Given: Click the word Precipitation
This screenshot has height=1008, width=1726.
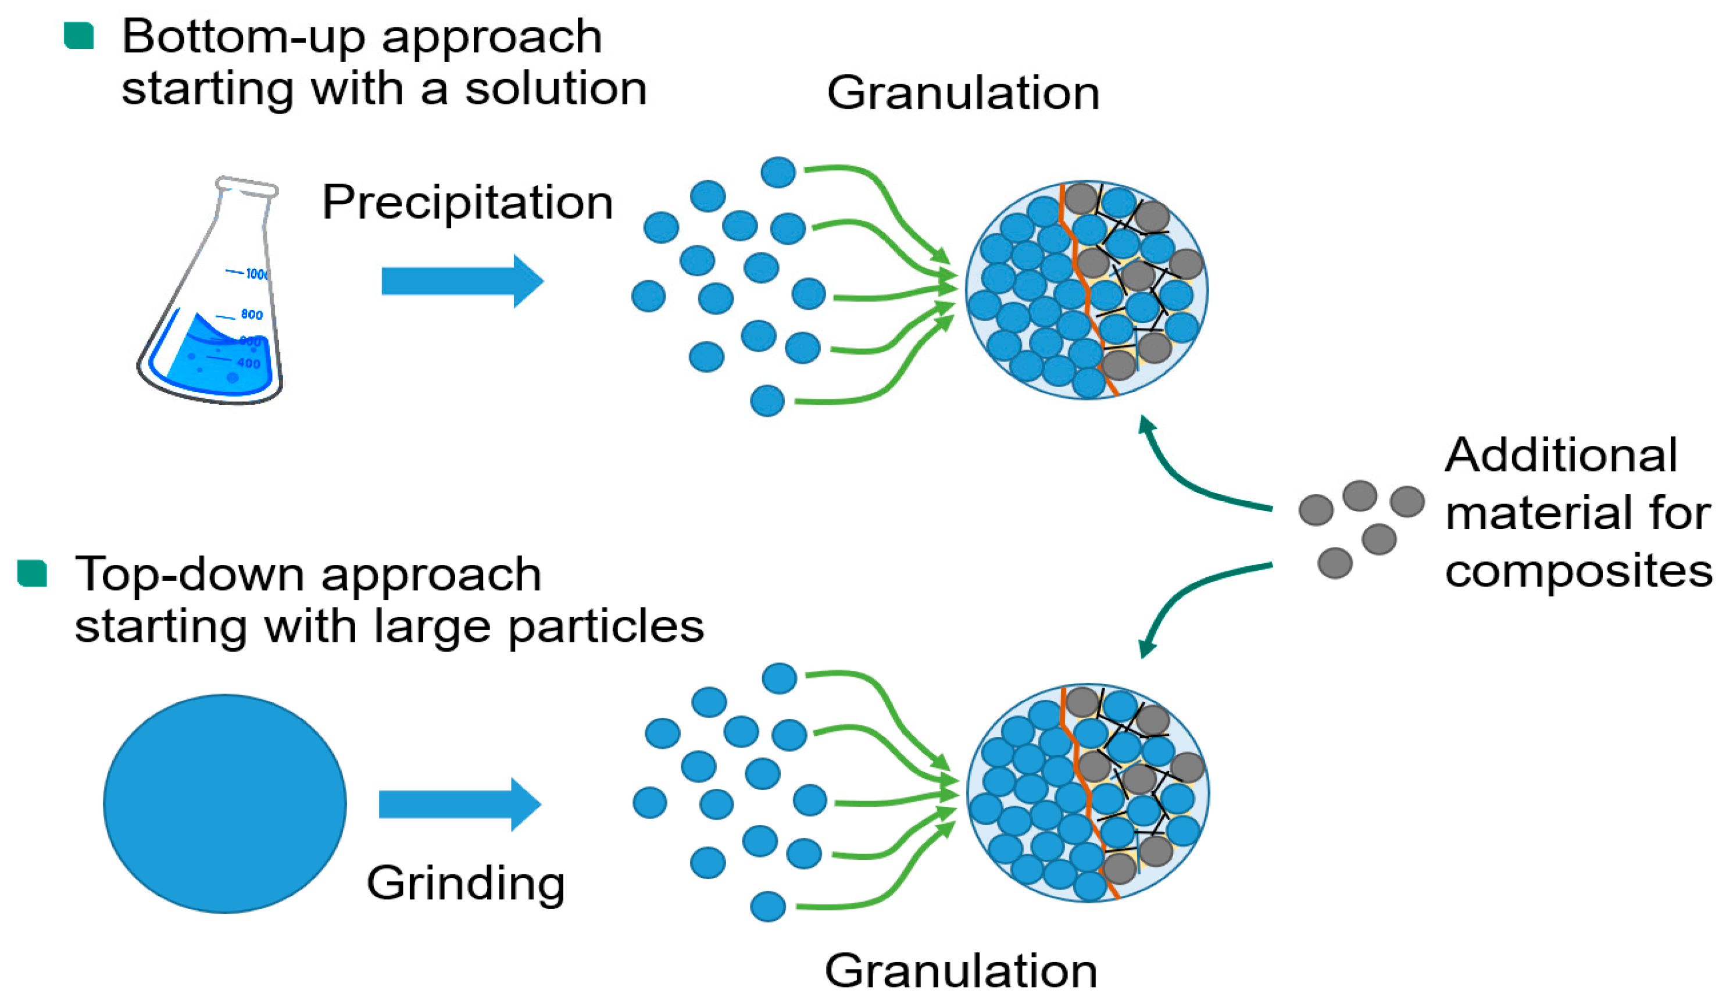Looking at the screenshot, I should [x=467, y=203].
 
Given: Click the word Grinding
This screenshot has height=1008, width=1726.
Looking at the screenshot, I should [x=466, y=884].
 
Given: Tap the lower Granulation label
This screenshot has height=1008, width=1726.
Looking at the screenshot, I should [x=960, y=970].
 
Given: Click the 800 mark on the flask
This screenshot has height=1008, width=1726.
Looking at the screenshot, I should [x=251, y=314].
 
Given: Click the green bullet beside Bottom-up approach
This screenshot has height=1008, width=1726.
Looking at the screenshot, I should [x=78, y=35].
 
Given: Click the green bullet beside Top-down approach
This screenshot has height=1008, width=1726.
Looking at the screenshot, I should [x=32, y=573].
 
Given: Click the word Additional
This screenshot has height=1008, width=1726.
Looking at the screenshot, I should [x=1561, y=455].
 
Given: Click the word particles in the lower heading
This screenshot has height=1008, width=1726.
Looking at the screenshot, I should [x=606, y=626].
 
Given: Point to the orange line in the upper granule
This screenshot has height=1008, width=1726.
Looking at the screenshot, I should [x=1084, y=288].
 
